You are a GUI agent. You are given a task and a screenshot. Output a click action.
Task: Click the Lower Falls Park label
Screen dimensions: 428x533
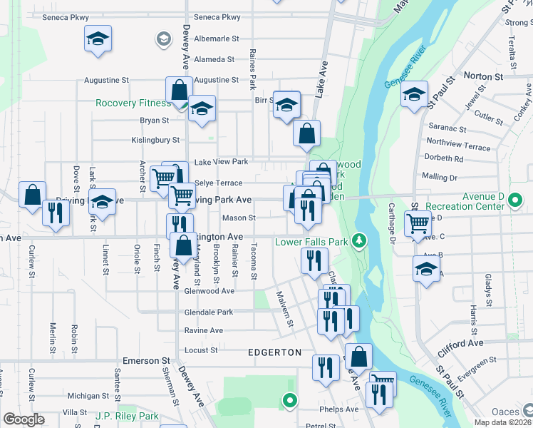[x=311, y=242]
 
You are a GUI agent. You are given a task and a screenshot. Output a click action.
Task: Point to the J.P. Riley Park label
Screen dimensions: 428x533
[x=127, y=416]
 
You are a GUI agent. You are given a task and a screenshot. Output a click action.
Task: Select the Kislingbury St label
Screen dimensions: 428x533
[x=155, y=141]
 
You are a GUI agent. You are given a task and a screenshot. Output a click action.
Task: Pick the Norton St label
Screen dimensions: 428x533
[x=483, y=76]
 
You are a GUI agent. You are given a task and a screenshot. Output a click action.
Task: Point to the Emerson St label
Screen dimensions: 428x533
[x=146, y=361]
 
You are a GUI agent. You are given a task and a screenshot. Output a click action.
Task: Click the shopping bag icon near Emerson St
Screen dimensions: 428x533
[x=361, y=356]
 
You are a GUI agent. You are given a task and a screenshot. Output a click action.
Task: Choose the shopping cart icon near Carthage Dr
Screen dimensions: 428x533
[x=418, y=223]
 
